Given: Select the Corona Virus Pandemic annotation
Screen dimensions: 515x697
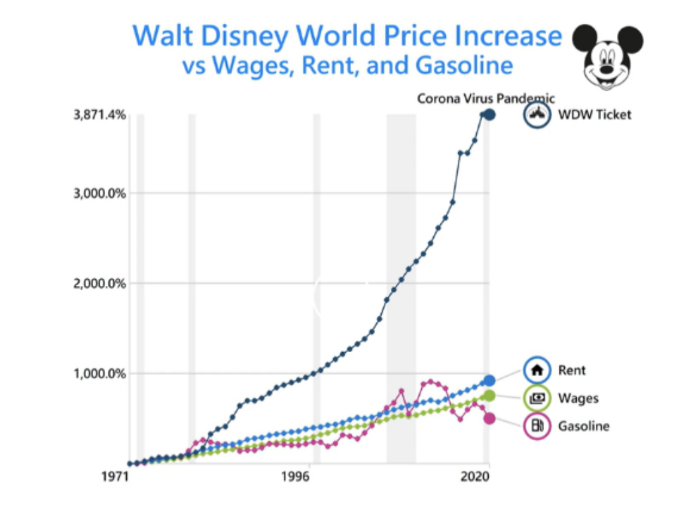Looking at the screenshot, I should (485, 99).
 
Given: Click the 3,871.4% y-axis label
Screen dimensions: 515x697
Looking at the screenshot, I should (99, 115).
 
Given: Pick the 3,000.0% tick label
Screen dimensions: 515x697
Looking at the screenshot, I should (99, 193).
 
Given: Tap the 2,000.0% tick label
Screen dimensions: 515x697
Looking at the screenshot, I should (99, 283).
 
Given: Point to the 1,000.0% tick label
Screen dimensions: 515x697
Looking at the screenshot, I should (99, 373).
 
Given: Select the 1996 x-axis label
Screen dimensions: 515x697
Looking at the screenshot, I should (296, 477).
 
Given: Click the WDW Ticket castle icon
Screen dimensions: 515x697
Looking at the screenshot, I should (537, 115).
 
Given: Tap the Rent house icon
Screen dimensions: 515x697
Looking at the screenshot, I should (537, 370).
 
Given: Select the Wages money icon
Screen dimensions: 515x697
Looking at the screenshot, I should (537, 398).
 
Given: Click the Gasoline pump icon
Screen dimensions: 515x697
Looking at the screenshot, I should (537, 426).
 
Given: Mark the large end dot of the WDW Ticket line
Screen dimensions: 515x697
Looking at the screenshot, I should (489, 115).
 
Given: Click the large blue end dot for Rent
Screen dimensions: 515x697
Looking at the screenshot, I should (489, 381).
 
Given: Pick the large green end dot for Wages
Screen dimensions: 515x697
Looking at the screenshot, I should (489, 395).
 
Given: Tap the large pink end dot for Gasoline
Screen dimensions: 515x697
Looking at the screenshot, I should (489, 418).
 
